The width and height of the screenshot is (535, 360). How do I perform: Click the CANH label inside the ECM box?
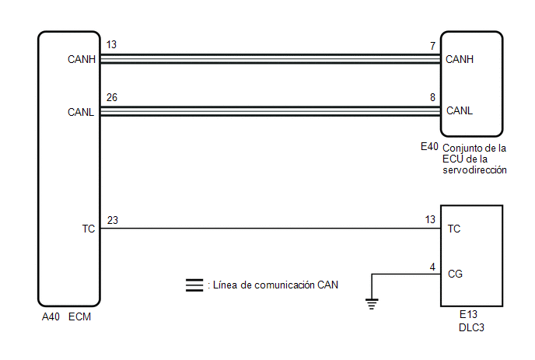point(82,59)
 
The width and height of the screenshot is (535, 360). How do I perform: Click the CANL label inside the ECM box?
point(81,112)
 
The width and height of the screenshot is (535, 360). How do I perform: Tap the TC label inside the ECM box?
point(89,229)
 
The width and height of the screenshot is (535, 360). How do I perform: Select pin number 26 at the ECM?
point(111,98)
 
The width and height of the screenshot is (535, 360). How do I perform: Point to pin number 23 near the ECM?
point(113,221)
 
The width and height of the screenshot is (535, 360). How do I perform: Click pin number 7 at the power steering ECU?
point(432,46)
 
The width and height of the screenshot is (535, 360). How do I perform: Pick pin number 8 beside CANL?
point(432,98)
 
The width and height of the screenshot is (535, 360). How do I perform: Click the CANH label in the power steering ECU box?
point(460,59)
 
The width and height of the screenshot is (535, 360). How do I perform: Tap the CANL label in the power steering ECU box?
point(460,110)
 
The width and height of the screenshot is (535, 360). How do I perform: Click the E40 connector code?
point(429,147)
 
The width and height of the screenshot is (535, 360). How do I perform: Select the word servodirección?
point(474,170)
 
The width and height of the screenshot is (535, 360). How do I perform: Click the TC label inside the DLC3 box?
point(454,229)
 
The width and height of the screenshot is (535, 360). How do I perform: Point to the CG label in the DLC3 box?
point(455,274)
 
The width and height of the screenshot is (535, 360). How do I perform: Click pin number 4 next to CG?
point(432,267)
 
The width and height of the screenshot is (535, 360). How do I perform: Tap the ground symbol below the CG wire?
point(372,304)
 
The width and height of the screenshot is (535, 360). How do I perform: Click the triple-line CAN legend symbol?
point(194,285)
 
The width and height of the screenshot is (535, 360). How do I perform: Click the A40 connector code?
point(51,317)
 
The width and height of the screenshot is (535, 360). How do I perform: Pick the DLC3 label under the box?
point(471,327)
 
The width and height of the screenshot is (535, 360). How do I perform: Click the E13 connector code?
point(468,314)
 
